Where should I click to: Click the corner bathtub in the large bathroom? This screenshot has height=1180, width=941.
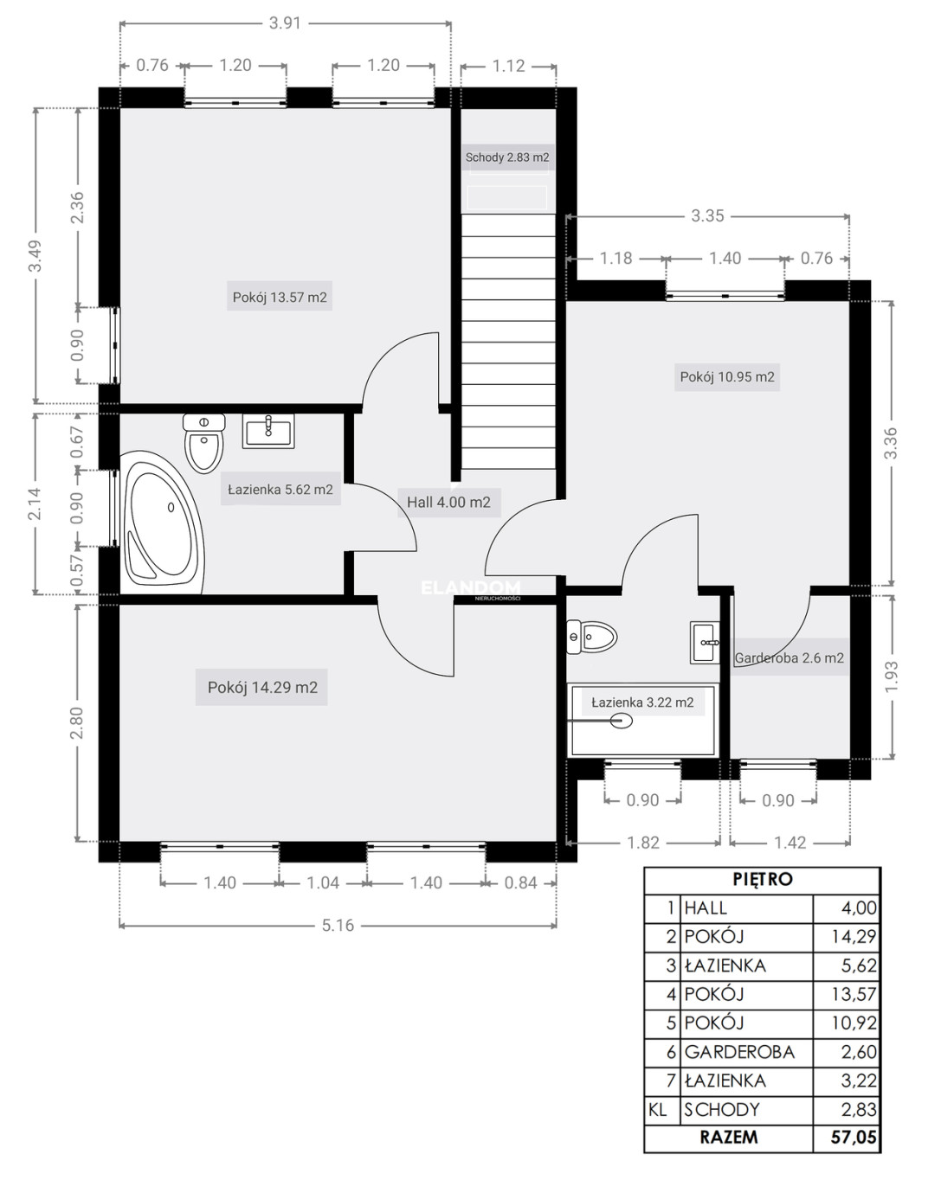click(162, 523)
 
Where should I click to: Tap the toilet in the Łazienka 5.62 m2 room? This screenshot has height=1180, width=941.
click(204, 444)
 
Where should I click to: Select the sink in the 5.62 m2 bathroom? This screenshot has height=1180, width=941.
click(268, 431)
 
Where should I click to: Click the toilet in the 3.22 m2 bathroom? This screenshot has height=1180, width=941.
click(591, 637)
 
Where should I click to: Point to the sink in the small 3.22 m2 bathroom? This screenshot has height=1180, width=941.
click(705, 643)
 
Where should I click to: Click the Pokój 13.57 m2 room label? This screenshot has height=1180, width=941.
click(280, 298)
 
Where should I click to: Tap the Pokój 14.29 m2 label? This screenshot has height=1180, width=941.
click(261, 688)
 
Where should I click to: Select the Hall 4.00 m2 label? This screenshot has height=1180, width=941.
click(448, 503)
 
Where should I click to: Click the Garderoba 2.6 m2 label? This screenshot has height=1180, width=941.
click(789, 657)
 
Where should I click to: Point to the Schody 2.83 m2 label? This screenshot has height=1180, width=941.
click(507, 157)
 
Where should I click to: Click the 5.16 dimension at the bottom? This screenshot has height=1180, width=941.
click(338, 926)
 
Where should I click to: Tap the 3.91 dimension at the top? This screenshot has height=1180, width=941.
click(285, 23)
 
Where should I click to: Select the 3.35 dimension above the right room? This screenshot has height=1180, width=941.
click(707, 215)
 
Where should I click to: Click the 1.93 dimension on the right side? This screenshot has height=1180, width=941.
click(892, 677)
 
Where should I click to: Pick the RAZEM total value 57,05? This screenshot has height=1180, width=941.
click(854, 1137)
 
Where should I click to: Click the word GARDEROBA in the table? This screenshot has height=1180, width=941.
click(739, 1052)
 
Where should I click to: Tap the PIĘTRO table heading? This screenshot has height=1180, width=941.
click(763, 880)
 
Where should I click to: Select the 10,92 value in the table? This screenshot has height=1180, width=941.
click(854, 1023)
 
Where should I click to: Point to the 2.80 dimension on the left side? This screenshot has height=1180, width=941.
click(77, 722)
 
